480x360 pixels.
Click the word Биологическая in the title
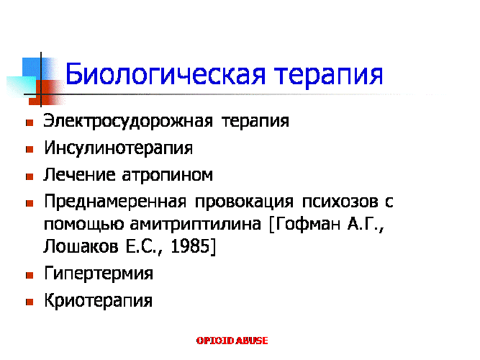coord(166,74)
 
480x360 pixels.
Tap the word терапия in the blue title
coord(328,76)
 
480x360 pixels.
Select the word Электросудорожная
coord(128,122)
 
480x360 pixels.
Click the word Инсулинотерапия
coord(119,148)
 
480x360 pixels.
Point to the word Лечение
coord(80,175)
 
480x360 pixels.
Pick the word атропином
coord(167,176)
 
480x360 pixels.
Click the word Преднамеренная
coord(115,202)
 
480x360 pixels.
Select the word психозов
coord(340,202)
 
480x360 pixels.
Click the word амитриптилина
coord(196,225)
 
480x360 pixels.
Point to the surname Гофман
coord(308,224)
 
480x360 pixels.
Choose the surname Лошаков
coord(81,246)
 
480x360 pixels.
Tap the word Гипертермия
coord(99,274)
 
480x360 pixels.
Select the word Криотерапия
coord(99,300)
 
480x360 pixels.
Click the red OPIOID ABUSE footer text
coord(232,341)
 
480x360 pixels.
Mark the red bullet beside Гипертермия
coord(30,275)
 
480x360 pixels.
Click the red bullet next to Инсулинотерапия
coord(30,150)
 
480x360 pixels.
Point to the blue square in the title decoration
coord(32,68)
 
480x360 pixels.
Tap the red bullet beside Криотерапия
coord(30,302)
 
